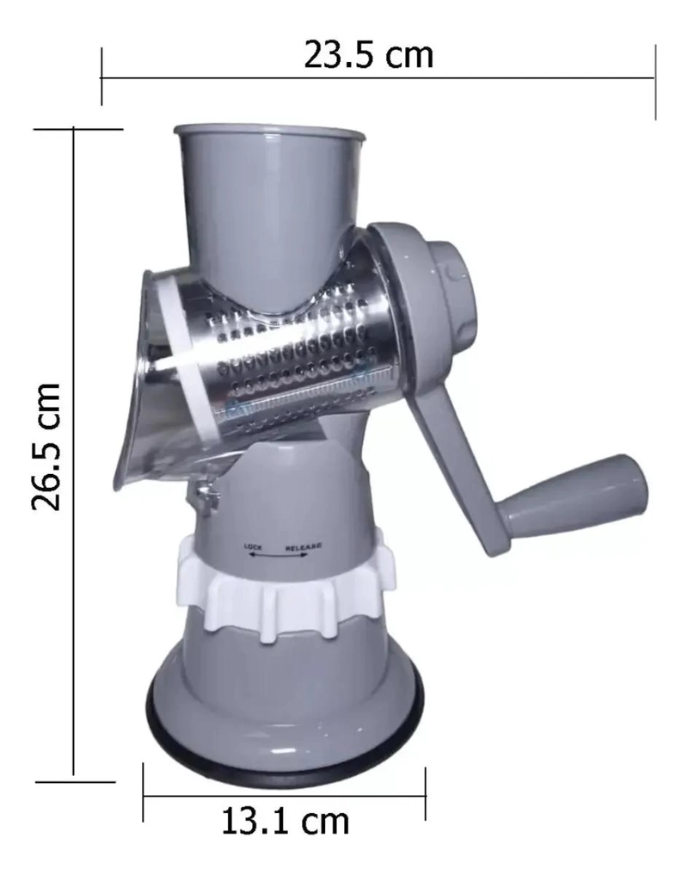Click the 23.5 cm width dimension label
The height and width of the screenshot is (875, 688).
click(x=368, y=56)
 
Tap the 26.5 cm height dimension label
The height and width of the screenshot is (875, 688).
click(x=46, y=447)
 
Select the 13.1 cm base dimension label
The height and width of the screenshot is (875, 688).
click(x=286, y=822)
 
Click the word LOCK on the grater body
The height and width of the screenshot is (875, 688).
click(x=253, y=547)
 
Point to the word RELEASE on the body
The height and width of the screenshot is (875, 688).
click(x=304, y=547)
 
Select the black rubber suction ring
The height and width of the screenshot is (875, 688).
click(x=285, y=743)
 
